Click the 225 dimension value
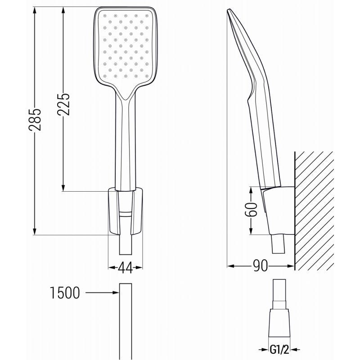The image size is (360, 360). point(64,104)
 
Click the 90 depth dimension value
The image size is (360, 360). point(260,266)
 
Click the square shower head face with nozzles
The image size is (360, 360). point(125,48)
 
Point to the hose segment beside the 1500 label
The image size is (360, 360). point(125,319)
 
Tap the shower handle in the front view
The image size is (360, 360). point(125,144)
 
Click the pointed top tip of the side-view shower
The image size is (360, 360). point(230,11)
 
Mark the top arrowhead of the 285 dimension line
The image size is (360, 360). point(35,10)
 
